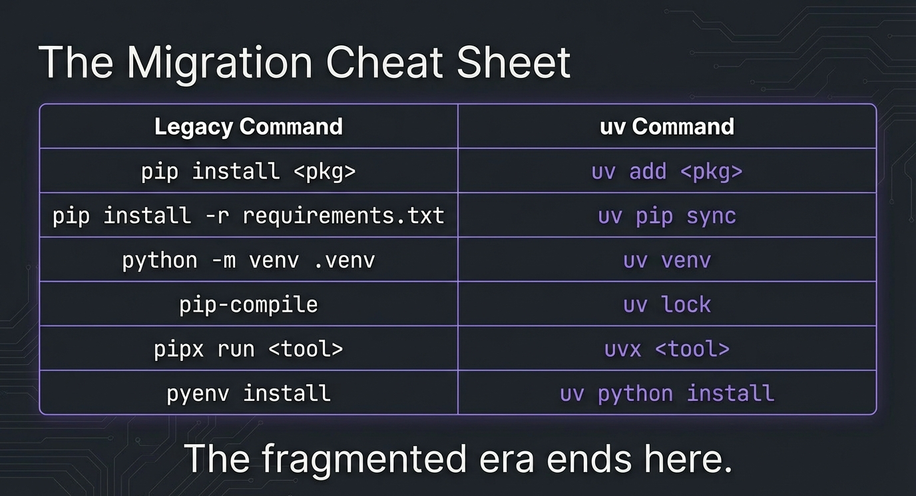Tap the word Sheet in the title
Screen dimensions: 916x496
514,63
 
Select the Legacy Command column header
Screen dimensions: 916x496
248,126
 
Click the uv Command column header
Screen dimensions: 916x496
667,126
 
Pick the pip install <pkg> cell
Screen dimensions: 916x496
248,171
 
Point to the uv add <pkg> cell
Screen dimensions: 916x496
667,171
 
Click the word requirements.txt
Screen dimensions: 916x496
343,216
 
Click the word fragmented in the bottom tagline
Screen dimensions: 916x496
364,459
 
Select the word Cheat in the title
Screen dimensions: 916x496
384,63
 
